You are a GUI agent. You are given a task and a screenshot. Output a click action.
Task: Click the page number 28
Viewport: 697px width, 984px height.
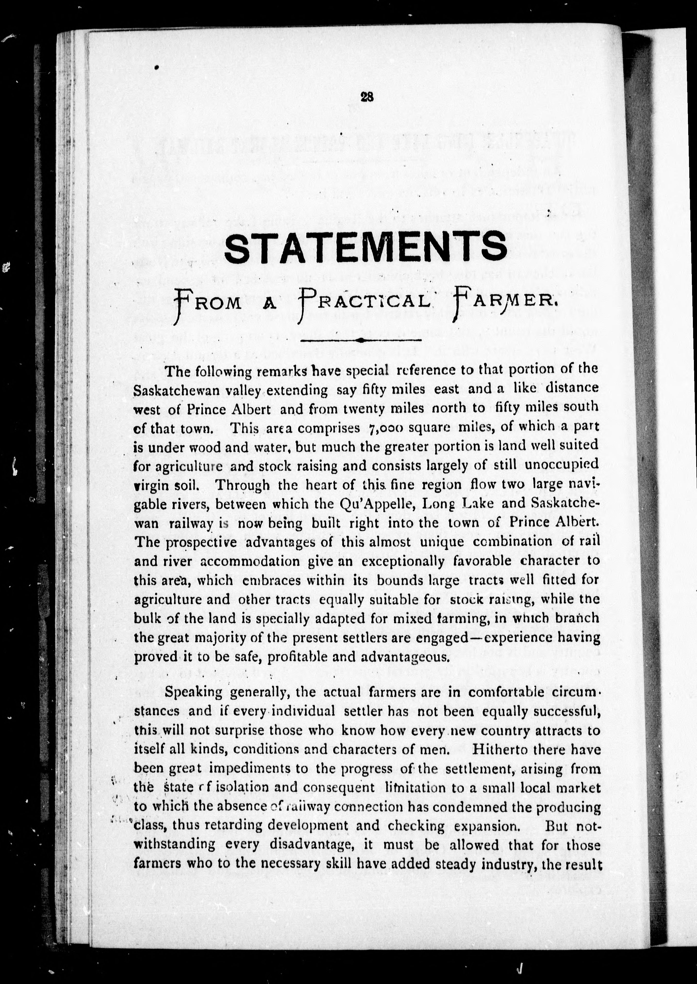pyautogui.click(x=367, y=97)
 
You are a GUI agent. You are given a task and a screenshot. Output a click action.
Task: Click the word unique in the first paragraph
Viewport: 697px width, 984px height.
pyautogui.click(x=442, y=542)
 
